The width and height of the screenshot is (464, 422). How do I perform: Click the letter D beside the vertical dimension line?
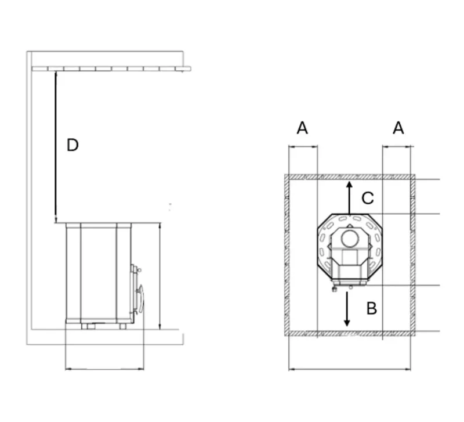coord(72,145)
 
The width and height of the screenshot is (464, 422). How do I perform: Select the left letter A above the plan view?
coord(302,128)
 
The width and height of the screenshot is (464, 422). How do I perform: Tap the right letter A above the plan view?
coord(398,128)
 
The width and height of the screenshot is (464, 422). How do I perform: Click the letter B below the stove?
coord(372,308)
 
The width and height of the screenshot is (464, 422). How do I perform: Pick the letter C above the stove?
coord(368,199)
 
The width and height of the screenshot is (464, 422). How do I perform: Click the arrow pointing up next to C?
coord(349,197)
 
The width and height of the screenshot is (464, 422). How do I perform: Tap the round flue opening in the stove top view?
coord(350,238)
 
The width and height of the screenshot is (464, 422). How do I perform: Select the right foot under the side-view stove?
coord(122,326)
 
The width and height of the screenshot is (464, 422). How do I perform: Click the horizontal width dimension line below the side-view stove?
coord(104,368)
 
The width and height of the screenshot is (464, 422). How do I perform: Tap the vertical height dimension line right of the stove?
coord(159,276)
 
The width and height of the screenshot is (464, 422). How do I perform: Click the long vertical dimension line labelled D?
coord(55,145)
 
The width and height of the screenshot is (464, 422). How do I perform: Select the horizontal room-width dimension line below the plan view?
coord(349,368)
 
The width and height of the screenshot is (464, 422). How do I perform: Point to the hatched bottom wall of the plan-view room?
coord(349,334)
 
